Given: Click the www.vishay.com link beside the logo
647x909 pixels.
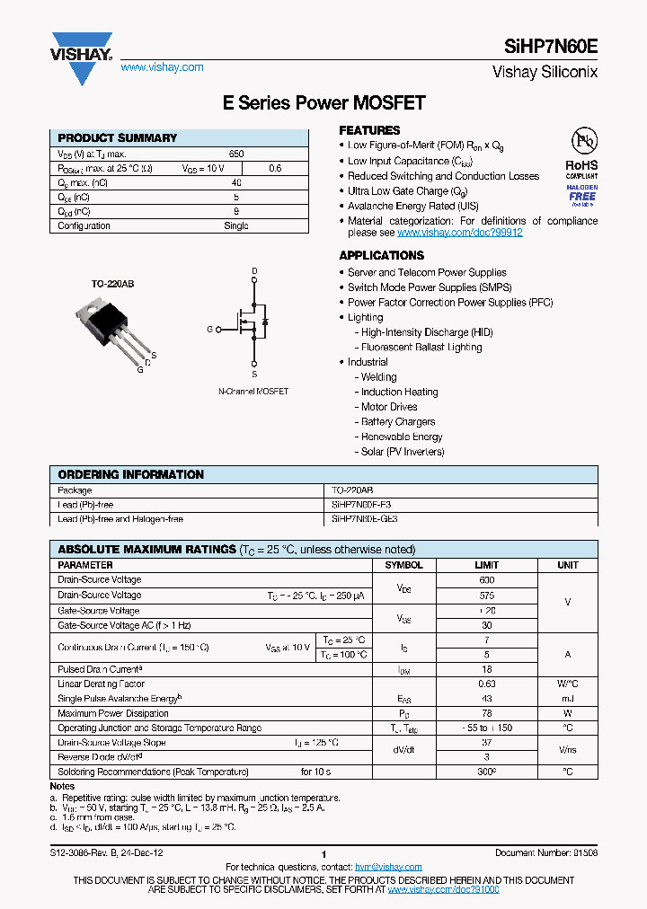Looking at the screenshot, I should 162,67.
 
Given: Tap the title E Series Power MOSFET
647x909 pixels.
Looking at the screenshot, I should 323,103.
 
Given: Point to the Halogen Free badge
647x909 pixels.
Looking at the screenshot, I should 581,196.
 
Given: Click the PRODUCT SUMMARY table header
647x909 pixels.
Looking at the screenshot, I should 117,138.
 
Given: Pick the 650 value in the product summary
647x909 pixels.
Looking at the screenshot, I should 236,154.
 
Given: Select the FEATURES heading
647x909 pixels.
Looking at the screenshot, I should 369,130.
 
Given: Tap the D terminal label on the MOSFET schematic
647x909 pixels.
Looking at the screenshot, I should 254,271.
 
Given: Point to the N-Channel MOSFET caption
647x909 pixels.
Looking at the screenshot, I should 253,393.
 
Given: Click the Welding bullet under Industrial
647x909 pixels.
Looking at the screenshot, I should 378,377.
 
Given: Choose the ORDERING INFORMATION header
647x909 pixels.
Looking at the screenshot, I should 130,474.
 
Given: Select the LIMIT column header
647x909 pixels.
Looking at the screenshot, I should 486,565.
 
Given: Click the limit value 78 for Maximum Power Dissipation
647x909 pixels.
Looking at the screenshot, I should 486,713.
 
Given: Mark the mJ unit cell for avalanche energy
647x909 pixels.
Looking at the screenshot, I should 567,698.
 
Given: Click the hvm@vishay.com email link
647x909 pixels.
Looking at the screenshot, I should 388,867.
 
